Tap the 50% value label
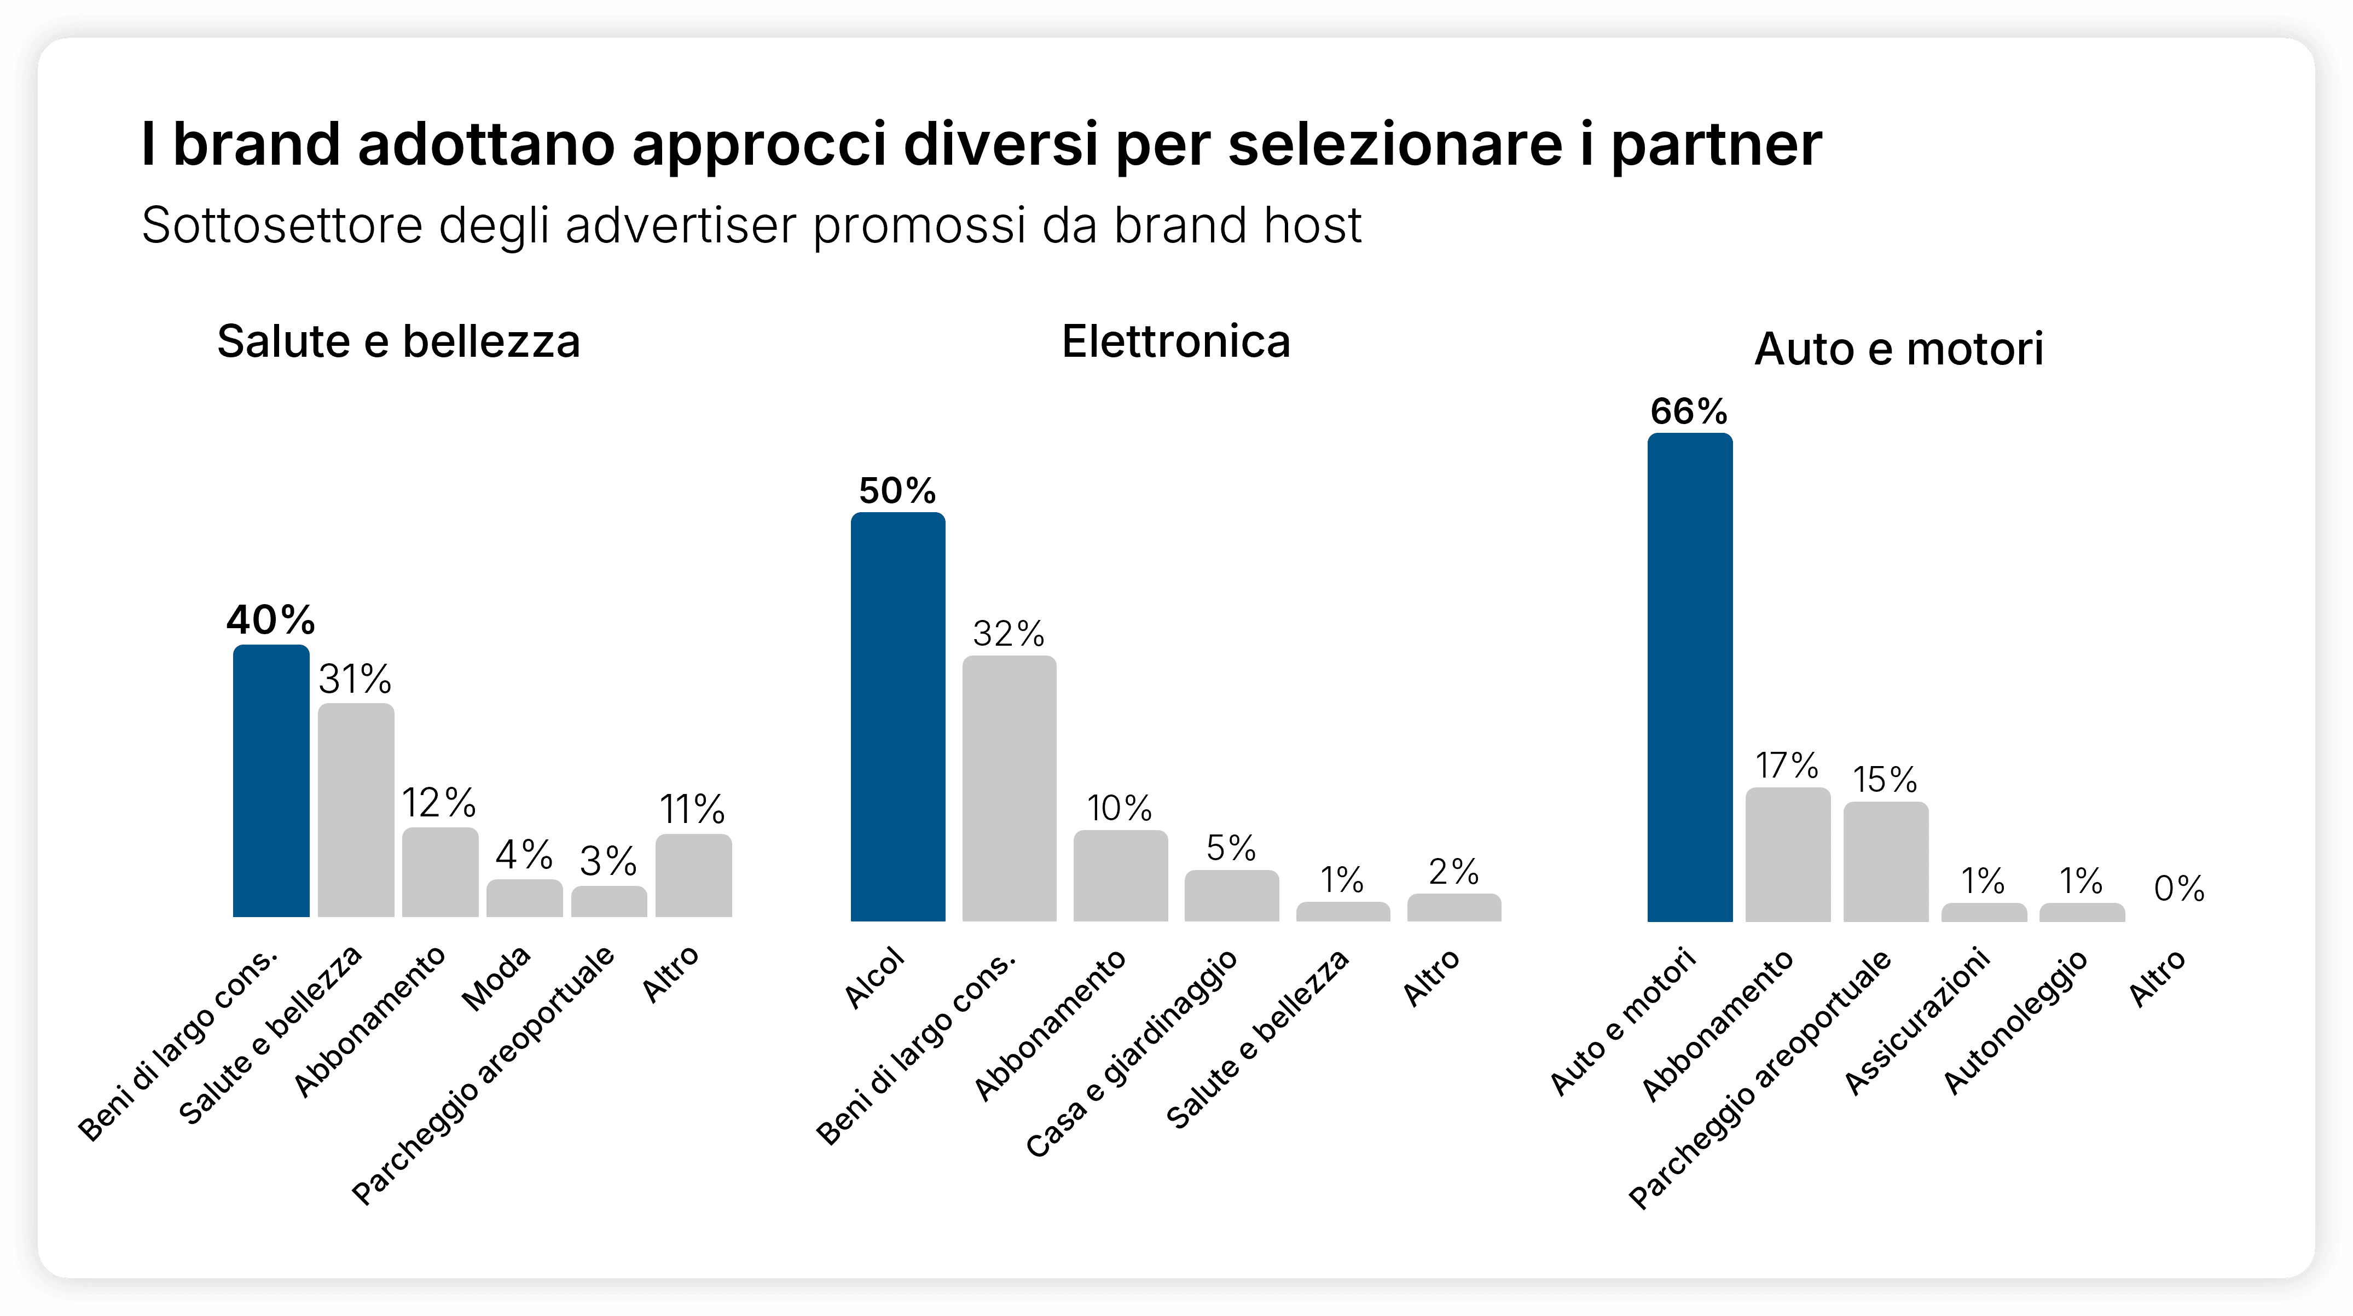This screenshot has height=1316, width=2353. pyautogui.click(x=897, y=491)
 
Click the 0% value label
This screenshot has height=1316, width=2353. pyautogui.click(x=2178, y=888)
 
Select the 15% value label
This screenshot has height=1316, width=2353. pyautogui.click(x=1885, y=780)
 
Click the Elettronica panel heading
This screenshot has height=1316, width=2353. pyautogui.click(x=1175, y=341)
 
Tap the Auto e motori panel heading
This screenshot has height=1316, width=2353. pyautogui.click(x=1898, y=349)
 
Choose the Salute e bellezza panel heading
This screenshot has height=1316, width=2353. pyautogui.click(x=398, y=341)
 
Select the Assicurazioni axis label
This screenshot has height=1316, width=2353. pyautogui.click(x=1917, y=1021)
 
